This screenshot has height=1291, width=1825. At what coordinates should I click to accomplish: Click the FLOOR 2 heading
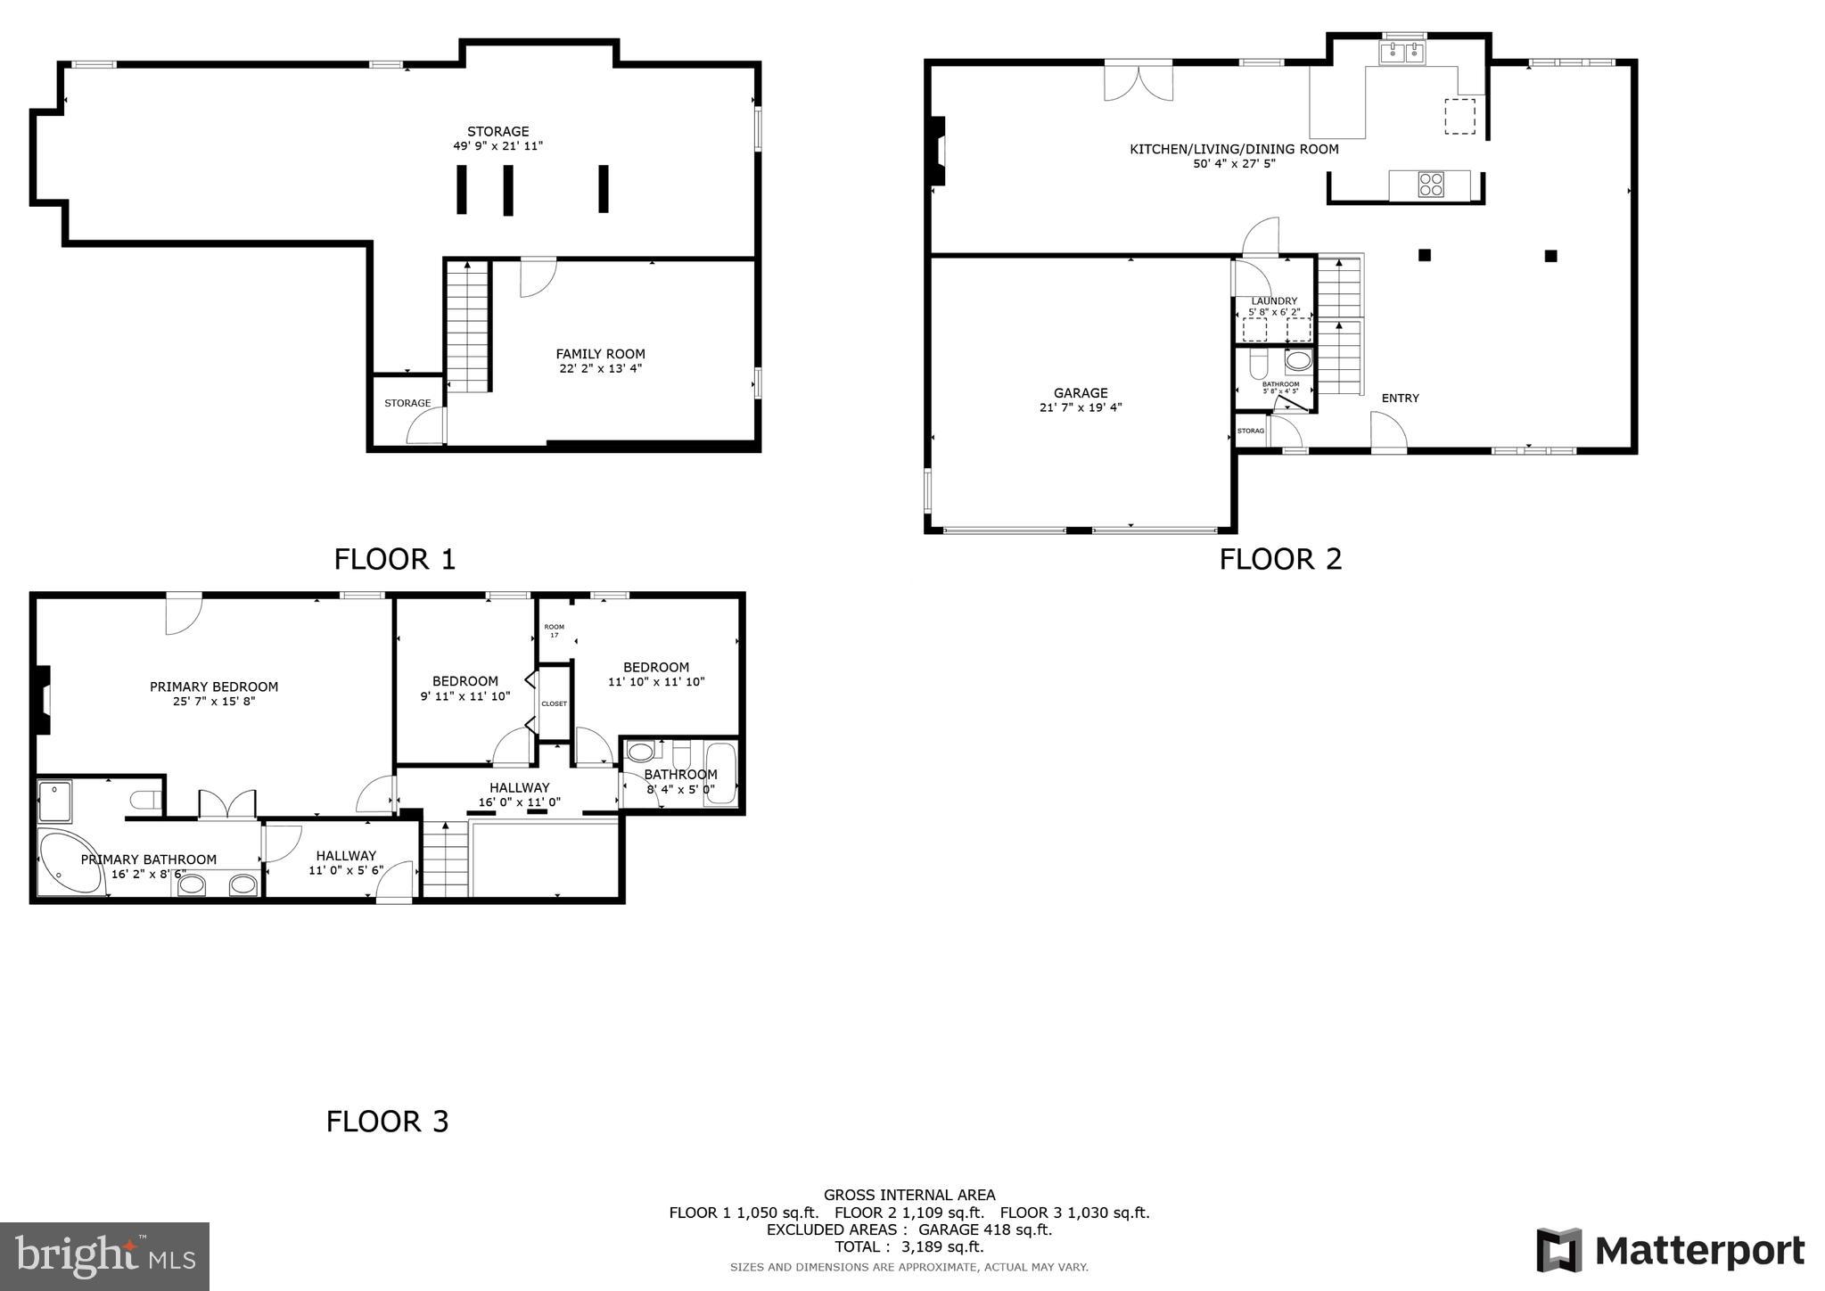[x=1280, y=559]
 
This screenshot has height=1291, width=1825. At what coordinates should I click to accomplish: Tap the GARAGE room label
[x=1081, y=392]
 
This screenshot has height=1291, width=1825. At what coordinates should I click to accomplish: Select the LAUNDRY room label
[x=1274, y=301]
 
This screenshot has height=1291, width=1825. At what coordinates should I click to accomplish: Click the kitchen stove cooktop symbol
[x=1431, y=185]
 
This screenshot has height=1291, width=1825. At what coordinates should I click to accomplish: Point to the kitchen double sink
[x=1403, y=53]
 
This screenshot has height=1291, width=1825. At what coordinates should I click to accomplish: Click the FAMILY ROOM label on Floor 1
[x=600, y=354]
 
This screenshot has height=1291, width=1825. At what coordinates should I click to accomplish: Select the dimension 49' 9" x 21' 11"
[x=497, y=146]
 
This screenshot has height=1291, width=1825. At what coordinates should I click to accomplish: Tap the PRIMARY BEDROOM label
[x=214, y=687]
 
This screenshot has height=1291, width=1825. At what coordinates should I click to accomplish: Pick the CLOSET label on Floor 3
[x=554, y=703]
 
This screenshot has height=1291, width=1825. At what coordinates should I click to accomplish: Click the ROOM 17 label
[x=554, y=630]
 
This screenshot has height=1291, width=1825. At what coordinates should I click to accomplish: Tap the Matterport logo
[x=1670, y=1250]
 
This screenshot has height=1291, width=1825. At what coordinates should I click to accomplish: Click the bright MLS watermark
[x=104, y=1256]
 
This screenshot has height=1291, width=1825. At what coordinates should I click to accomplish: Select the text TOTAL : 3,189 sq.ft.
[x=909, y=1246]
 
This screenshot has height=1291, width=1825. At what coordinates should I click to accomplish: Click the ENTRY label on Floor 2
[x=1400, y=398]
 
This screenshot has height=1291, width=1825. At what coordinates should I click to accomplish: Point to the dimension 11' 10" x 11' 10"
[x=656, y=682]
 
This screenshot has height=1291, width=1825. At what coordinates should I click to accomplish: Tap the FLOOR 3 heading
[x=387, y=1121]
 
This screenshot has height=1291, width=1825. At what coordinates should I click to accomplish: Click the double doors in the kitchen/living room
[x=1138, y=80]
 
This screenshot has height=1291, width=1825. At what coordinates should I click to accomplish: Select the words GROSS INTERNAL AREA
[x=909, y=1195]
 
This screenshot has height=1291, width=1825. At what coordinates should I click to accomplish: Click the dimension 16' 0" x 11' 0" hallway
[x=519, y=802]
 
